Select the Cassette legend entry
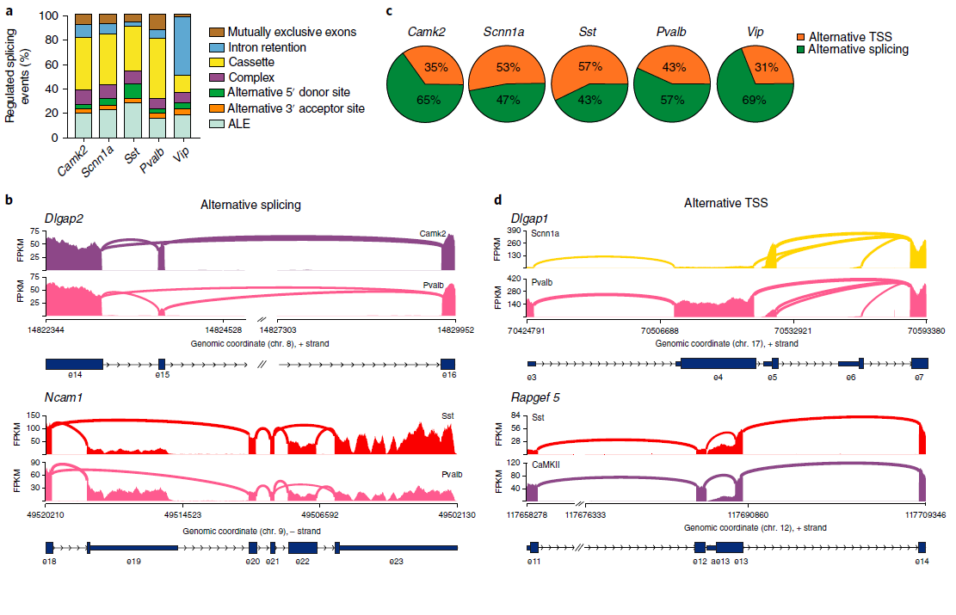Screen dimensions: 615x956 point(249,62)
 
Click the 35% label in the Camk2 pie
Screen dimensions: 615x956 point(435,66)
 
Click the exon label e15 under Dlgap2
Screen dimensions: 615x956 point(161,376)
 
